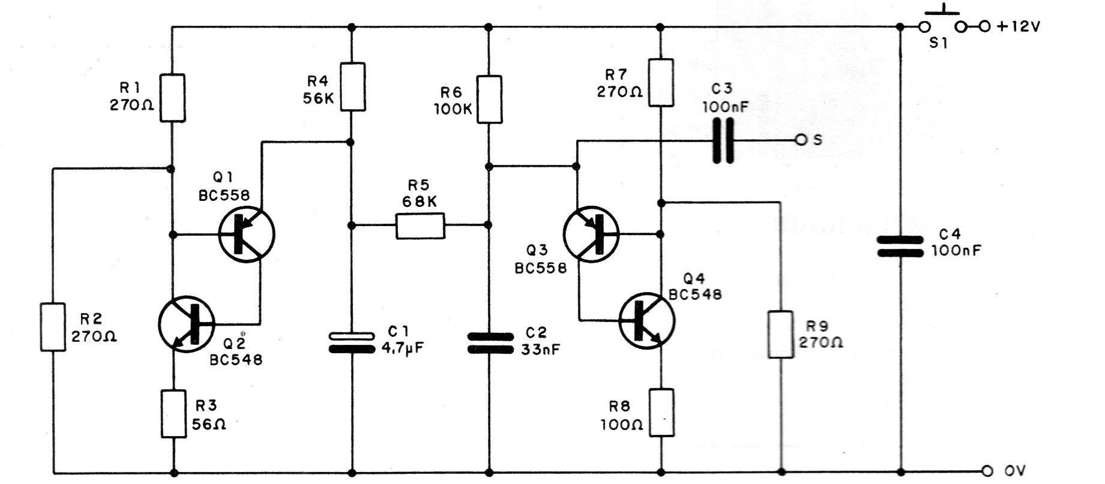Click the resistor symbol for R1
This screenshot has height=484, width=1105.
point(172,98)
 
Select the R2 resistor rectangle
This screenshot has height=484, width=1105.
point(53,327)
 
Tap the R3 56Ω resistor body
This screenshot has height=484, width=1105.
point(174,413)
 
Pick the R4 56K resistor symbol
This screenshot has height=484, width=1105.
point(352,86)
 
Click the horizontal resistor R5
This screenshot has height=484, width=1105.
point(420,226)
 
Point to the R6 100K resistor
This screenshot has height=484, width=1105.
point(490,99)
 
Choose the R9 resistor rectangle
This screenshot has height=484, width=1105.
point(781,334)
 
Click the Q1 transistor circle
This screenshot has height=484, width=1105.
point(247,234)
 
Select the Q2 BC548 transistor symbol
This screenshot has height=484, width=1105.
point(187,324)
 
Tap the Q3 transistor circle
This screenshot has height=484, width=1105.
point(592,233)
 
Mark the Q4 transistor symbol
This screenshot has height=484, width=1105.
point(646,320)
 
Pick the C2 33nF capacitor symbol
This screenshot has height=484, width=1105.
point(490,344)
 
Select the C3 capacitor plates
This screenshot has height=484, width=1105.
point(723,141)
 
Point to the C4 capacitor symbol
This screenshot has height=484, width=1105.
point(900,246)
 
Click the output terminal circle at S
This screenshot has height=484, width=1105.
point(800,140)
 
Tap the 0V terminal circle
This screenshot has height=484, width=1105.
point(986,470)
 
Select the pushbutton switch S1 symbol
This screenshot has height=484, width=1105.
point(942,23)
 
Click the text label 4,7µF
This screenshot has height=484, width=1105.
point(403,348)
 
